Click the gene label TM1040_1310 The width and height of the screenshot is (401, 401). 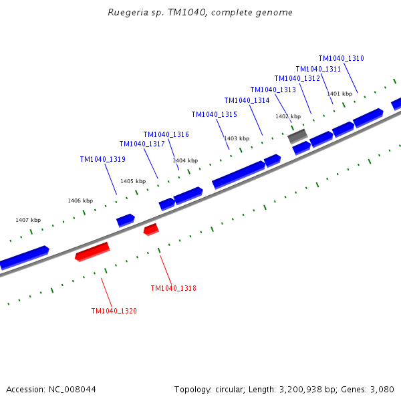(341, 59)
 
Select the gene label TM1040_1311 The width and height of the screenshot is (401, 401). (318, 70)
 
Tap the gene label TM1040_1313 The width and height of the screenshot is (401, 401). (273, 90)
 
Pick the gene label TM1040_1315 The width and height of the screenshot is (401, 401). (214, 115)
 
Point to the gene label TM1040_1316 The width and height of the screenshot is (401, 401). (166, 135)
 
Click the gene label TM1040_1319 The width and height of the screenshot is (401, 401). (102, 160)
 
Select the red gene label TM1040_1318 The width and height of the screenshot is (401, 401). (173, 289)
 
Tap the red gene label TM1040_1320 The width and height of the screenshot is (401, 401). (114, 311)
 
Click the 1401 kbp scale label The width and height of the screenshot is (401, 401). (339, 94)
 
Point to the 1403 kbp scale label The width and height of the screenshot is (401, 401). (237, 138)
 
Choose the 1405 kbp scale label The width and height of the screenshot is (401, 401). (133, 181)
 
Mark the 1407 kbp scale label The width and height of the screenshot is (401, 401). (28, 220)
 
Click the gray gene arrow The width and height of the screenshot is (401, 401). (297, 136)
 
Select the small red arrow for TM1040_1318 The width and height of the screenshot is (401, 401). (151, 229)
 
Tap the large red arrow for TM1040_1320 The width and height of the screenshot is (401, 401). (92, 251)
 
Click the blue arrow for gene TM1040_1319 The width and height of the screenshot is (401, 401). (125, 220)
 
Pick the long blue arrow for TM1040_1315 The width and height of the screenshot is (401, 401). (238, 174)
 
